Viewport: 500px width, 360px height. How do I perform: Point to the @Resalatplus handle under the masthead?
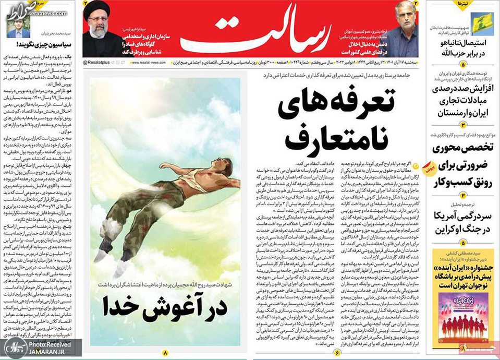coord(102,62)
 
